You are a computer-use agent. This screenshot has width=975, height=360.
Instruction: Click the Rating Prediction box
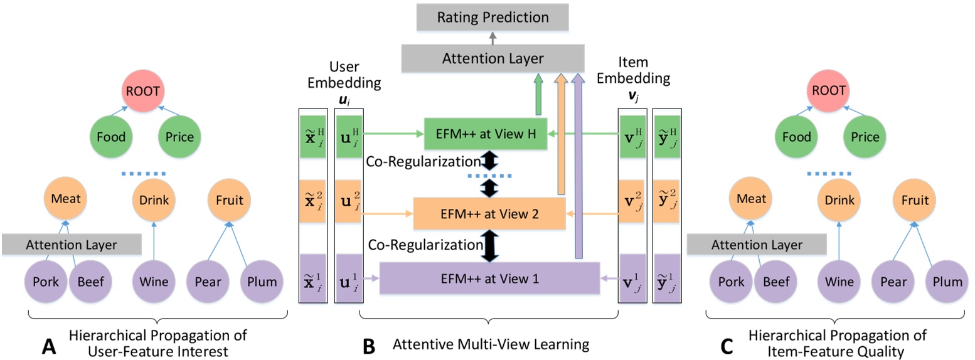(x=492, y=16)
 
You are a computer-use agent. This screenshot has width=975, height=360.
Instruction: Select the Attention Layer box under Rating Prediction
(x=492, y=58)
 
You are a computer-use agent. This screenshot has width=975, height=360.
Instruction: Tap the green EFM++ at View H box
(x=486, y=134)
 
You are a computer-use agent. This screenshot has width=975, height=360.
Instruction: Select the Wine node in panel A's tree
(x=152, y=282)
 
